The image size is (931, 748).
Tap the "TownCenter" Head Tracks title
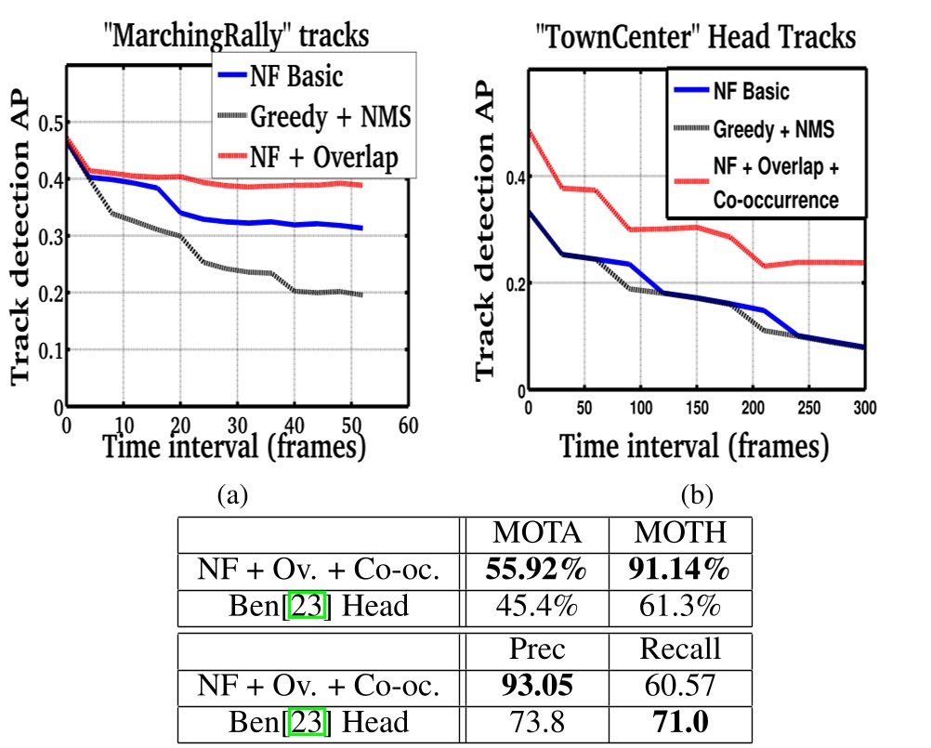pos(696,38)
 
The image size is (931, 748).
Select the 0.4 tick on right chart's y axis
pos(510,177)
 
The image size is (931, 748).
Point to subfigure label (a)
pos(232,495)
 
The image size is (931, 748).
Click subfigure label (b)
pos(697,495)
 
